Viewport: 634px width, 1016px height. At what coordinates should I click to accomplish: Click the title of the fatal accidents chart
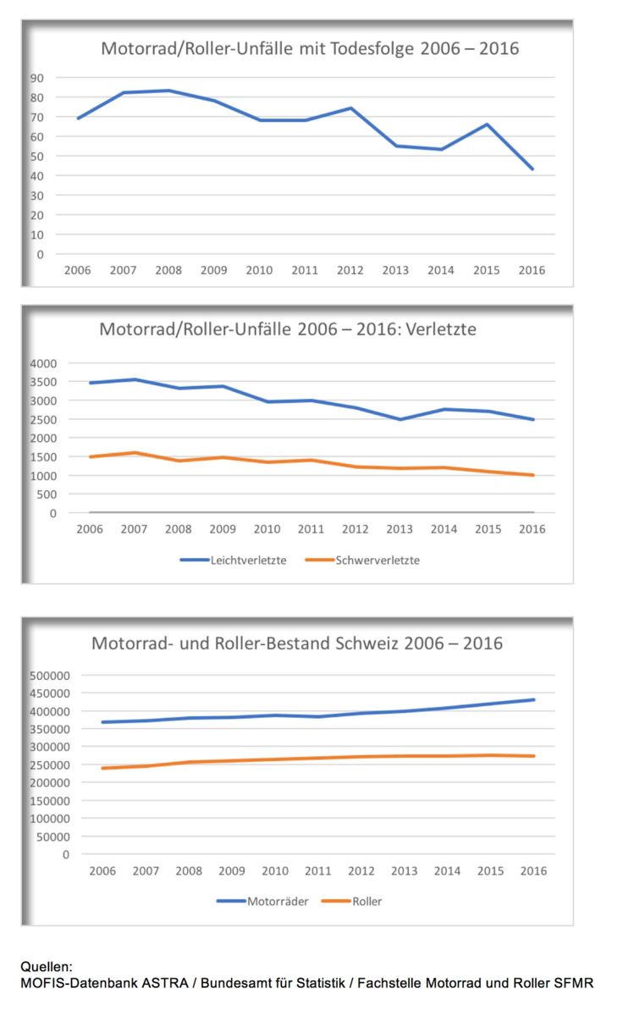[x=310, y=48]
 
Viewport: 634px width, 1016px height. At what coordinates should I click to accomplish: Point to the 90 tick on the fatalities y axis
[x=36, y=78]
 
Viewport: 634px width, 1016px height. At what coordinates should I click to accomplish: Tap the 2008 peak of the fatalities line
[x=168, y=91]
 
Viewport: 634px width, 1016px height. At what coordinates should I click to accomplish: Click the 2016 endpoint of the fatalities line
[x=532, y=168]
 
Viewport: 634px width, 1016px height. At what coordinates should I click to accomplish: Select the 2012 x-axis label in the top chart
[x=350, y=270]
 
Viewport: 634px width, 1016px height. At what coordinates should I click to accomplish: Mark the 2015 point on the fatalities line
[x=487, y=124]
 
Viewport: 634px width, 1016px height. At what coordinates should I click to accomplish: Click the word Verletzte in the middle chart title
[x=441, y=329]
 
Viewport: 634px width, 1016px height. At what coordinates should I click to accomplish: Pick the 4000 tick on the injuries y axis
[x=43, y=363]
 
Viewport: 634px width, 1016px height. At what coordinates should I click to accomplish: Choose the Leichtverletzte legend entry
[x=233, y=560]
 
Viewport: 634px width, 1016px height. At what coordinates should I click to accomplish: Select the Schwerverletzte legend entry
[x=362, y=560]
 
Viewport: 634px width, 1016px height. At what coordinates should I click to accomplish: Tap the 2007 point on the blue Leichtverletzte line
[x=135, y=379]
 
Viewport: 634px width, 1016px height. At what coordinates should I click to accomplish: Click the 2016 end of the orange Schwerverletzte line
[x=533, y=475]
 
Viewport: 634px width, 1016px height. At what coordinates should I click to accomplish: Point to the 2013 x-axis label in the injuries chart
[x=400, y=529]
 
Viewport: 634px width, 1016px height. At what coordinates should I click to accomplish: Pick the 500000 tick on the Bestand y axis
[x=50, y=676]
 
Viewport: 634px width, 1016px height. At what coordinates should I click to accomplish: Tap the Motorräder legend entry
[x=262, y=901]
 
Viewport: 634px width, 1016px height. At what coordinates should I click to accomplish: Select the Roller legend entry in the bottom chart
[x=351, y=901]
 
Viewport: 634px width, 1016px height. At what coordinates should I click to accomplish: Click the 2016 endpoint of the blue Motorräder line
[x=533, y=700]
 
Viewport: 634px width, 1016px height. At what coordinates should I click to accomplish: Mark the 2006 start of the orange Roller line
[x=103, y=768]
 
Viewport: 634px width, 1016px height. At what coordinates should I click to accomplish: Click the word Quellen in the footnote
[x=46, y=967]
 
